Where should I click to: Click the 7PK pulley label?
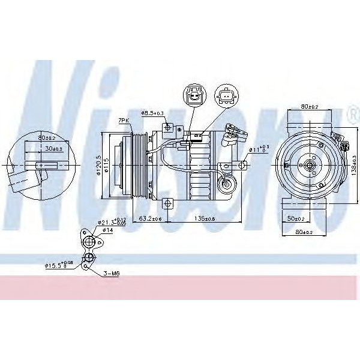click(124, 121)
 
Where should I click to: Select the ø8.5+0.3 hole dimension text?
click(154, 112)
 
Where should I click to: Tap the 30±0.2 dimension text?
click(55, 148)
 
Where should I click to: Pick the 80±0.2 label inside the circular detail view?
click(46, 138)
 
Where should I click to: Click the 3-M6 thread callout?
click(112, 274)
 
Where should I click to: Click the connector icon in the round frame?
click(194, 96)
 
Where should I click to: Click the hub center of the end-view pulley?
click(310, 164)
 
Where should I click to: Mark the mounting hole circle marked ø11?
click(242, 164)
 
